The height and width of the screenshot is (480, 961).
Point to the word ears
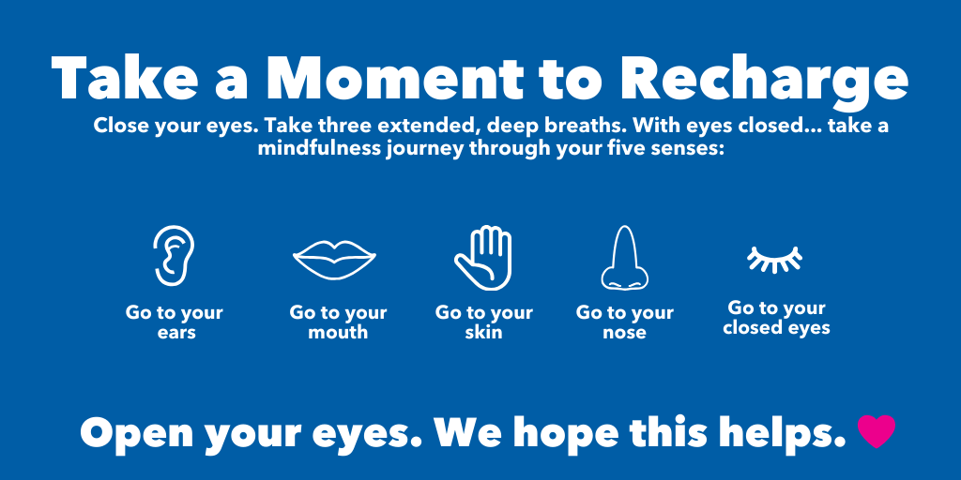(x=176, y=333)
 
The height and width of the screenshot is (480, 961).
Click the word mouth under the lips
(x=338, y=333)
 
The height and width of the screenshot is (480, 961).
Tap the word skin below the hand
(x=483, y=333)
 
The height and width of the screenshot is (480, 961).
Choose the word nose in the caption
(x=624, y=333)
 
